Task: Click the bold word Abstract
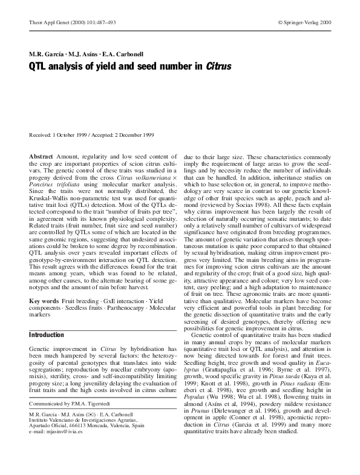[x=41, y=156]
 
